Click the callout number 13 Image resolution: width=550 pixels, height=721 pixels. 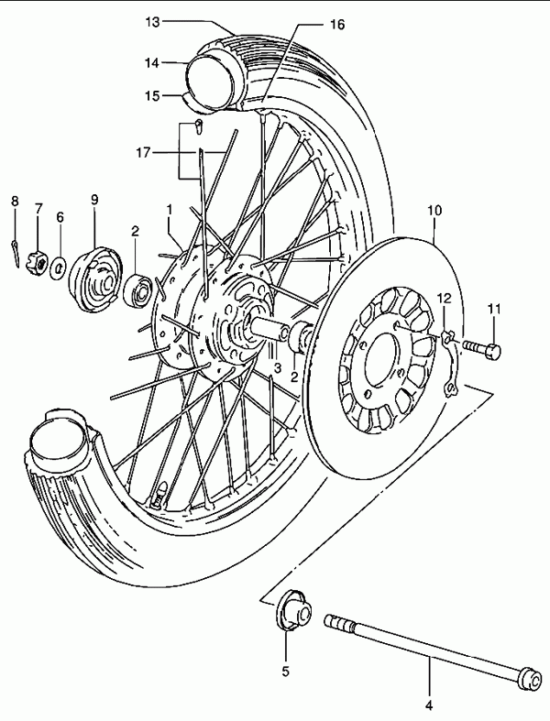click(153, 22)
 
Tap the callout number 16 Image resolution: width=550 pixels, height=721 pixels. click(337, 25)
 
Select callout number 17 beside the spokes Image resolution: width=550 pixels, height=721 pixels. click(143, 152)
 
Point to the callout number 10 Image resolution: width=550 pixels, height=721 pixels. click(434, 211)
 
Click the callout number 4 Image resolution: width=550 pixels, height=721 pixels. click(429, 705)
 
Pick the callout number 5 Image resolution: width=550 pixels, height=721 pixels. click(285, 672)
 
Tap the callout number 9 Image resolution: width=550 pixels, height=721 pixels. click(94, 200)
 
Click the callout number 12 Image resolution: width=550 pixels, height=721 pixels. click(445, 299)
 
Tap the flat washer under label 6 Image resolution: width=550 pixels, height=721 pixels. click(59, 269)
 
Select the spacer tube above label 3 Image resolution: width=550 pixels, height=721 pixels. click(270, 329)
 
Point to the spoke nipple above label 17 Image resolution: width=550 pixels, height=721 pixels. click(198, 126)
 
